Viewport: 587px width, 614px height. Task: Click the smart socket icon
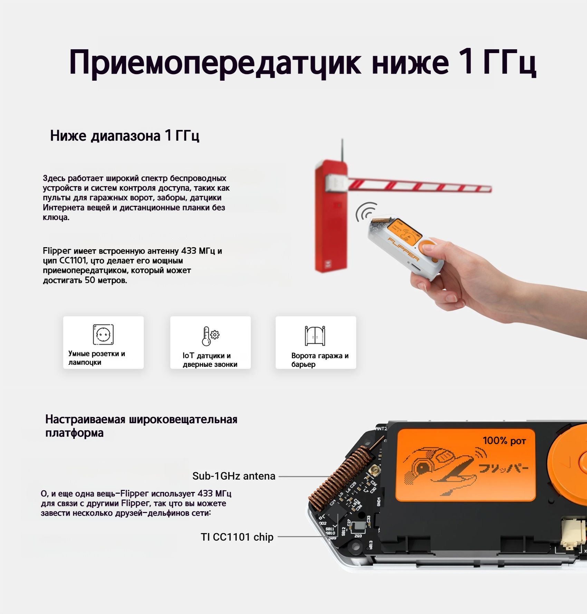[103, 334]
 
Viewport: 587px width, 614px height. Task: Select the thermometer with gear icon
[210, 335]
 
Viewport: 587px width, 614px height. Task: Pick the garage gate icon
[315, 335]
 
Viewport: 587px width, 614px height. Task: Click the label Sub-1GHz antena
[234, 476]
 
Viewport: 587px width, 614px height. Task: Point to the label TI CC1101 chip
[237, 537]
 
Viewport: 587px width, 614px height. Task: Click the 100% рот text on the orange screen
[504, 440]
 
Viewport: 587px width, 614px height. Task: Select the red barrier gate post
[330, 221]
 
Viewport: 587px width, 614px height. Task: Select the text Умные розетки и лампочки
[97, 358]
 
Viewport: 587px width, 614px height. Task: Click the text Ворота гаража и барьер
[320, 360]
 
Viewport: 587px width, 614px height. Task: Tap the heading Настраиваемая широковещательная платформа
[141, 426]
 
